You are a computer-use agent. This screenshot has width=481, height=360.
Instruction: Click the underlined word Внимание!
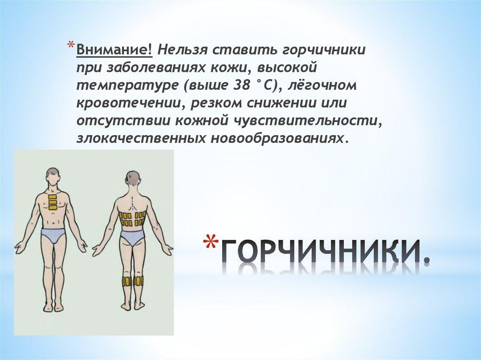pyautogui.click(x=114, y=50)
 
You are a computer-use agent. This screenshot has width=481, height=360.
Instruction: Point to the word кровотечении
pyautogui.click(x=131, y=103)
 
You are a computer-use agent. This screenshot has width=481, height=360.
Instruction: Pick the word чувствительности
pyautogui.click(x=309, y=121)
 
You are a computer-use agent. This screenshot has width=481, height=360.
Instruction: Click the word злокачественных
pyautogui.click(x=140, y=138)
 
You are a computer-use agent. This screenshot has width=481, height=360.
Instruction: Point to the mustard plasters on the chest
pyautogui.click(x=53, y=202)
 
